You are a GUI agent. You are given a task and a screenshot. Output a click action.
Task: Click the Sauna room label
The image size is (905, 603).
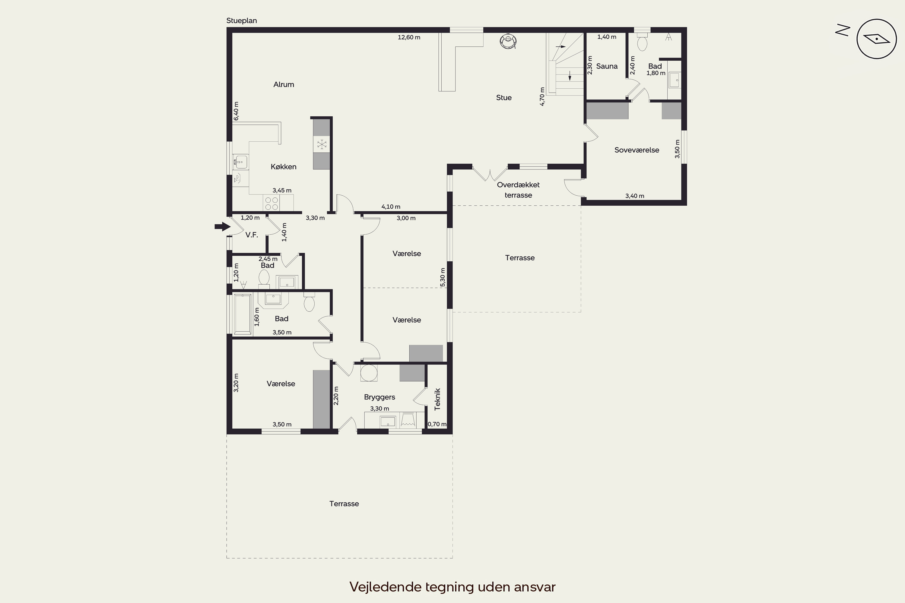[607, 66]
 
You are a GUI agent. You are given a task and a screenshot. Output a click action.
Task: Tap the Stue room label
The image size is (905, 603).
[504, 98]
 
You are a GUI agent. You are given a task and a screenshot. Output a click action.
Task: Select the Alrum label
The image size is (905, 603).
[284, 85]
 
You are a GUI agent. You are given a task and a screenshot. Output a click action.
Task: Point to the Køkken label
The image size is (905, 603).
[284, 166]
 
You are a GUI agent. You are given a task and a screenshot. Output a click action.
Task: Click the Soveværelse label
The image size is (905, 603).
[637, 150]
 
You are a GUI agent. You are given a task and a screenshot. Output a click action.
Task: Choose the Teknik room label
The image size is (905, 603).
[437, 399]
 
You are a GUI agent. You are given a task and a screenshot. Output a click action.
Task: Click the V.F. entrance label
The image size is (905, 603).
[252, 235]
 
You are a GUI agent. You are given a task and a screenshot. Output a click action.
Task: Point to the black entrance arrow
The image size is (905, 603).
[222, 227]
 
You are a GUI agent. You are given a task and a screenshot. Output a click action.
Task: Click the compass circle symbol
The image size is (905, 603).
[877, 39]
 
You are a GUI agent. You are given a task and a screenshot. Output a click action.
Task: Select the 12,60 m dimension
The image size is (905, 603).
[409, 37]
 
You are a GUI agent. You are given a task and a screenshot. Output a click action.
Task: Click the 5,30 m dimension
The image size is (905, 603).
[443, 277]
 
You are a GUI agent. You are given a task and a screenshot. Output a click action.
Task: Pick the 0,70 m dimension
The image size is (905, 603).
[437, 424]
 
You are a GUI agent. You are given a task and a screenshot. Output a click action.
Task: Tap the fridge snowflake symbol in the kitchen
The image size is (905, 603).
[322, 145]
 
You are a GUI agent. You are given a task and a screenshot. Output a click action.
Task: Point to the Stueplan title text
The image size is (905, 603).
[242, 21]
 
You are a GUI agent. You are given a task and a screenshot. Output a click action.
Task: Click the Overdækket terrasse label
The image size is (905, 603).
[518, 190]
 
